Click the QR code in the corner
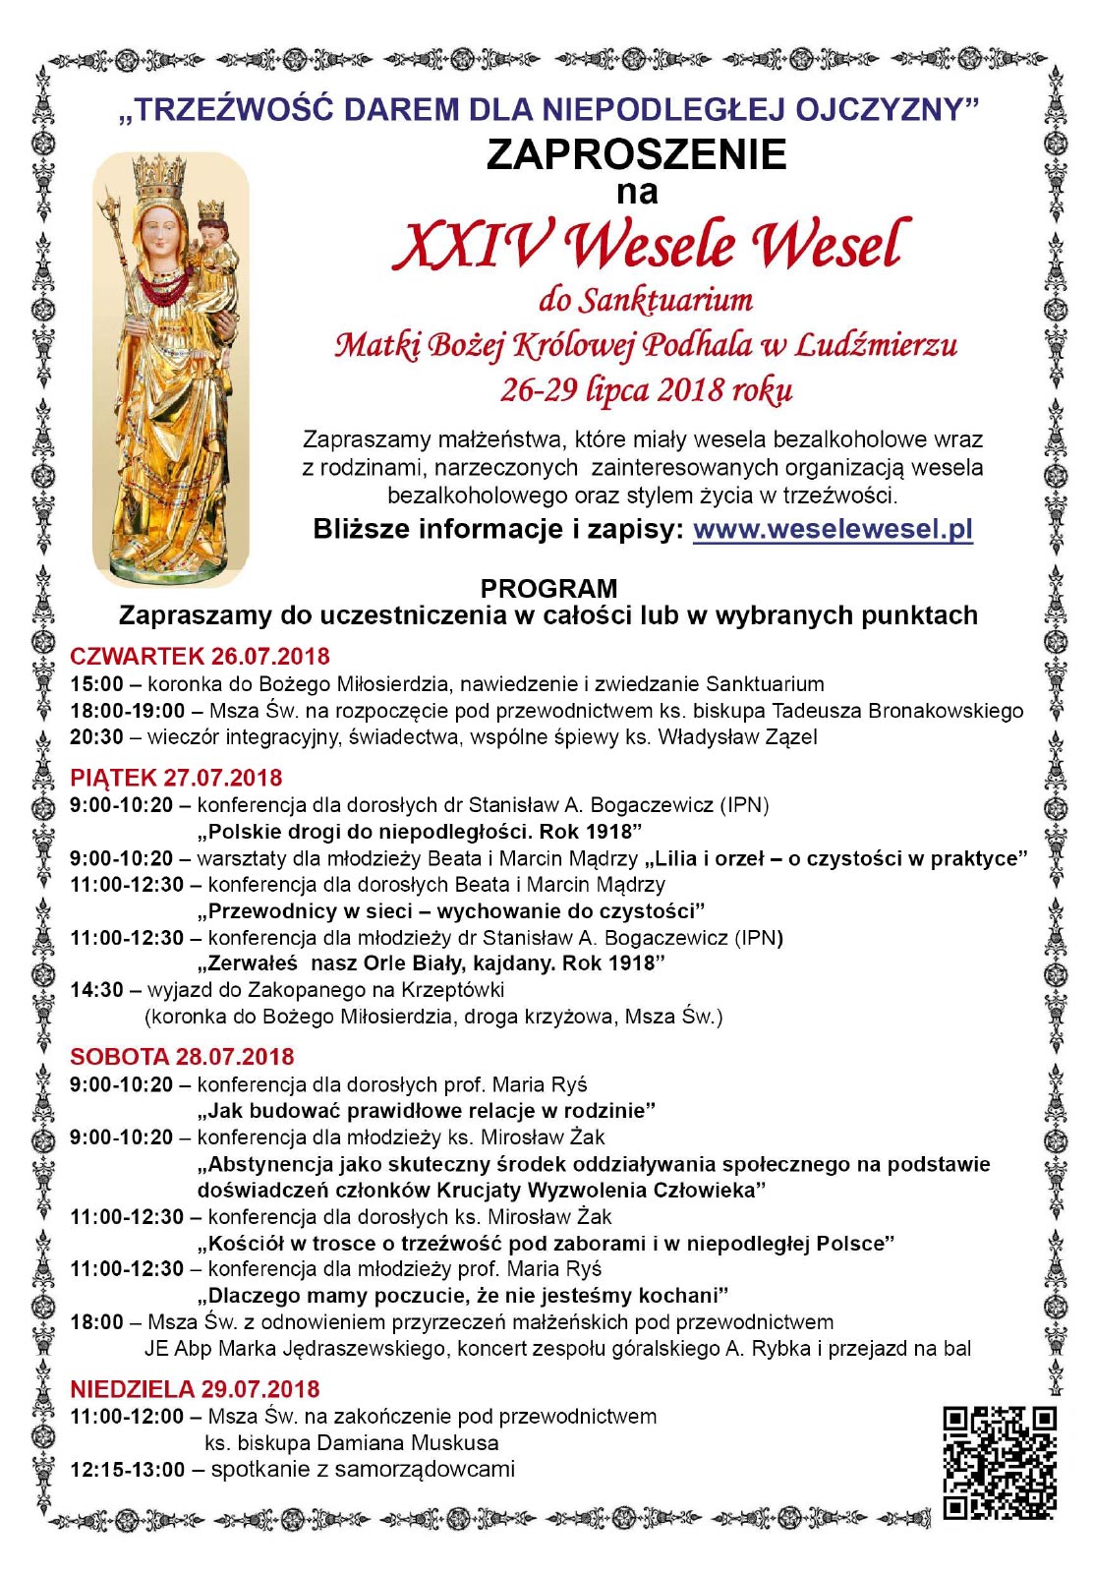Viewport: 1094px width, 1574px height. [x=1000, y=1462]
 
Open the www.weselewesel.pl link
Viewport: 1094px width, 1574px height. [x=833, y=529]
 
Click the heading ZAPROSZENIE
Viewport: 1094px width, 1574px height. [x=636, y=154]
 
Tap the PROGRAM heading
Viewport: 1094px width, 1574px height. [x=548, y=589]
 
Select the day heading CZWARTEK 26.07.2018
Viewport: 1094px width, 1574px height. [x=200, y=656]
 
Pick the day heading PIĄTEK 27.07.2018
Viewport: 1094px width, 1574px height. [x=176, y=778]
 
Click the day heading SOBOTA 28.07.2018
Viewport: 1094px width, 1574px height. [x=182, y=1057]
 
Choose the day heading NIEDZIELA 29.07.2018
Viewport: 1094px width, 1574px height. [x=195, y=1389]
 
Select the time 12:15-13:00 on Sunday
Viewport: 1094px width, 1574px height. [x=127, y=1470]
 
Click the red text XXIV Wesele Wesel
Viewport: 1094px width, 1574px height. [x=649, y=245]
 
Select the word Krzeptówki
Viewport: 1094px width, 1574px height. [x=445, y=990]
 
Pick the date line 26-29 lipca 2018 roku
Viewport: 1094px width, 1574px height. [x=646, y=390]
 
